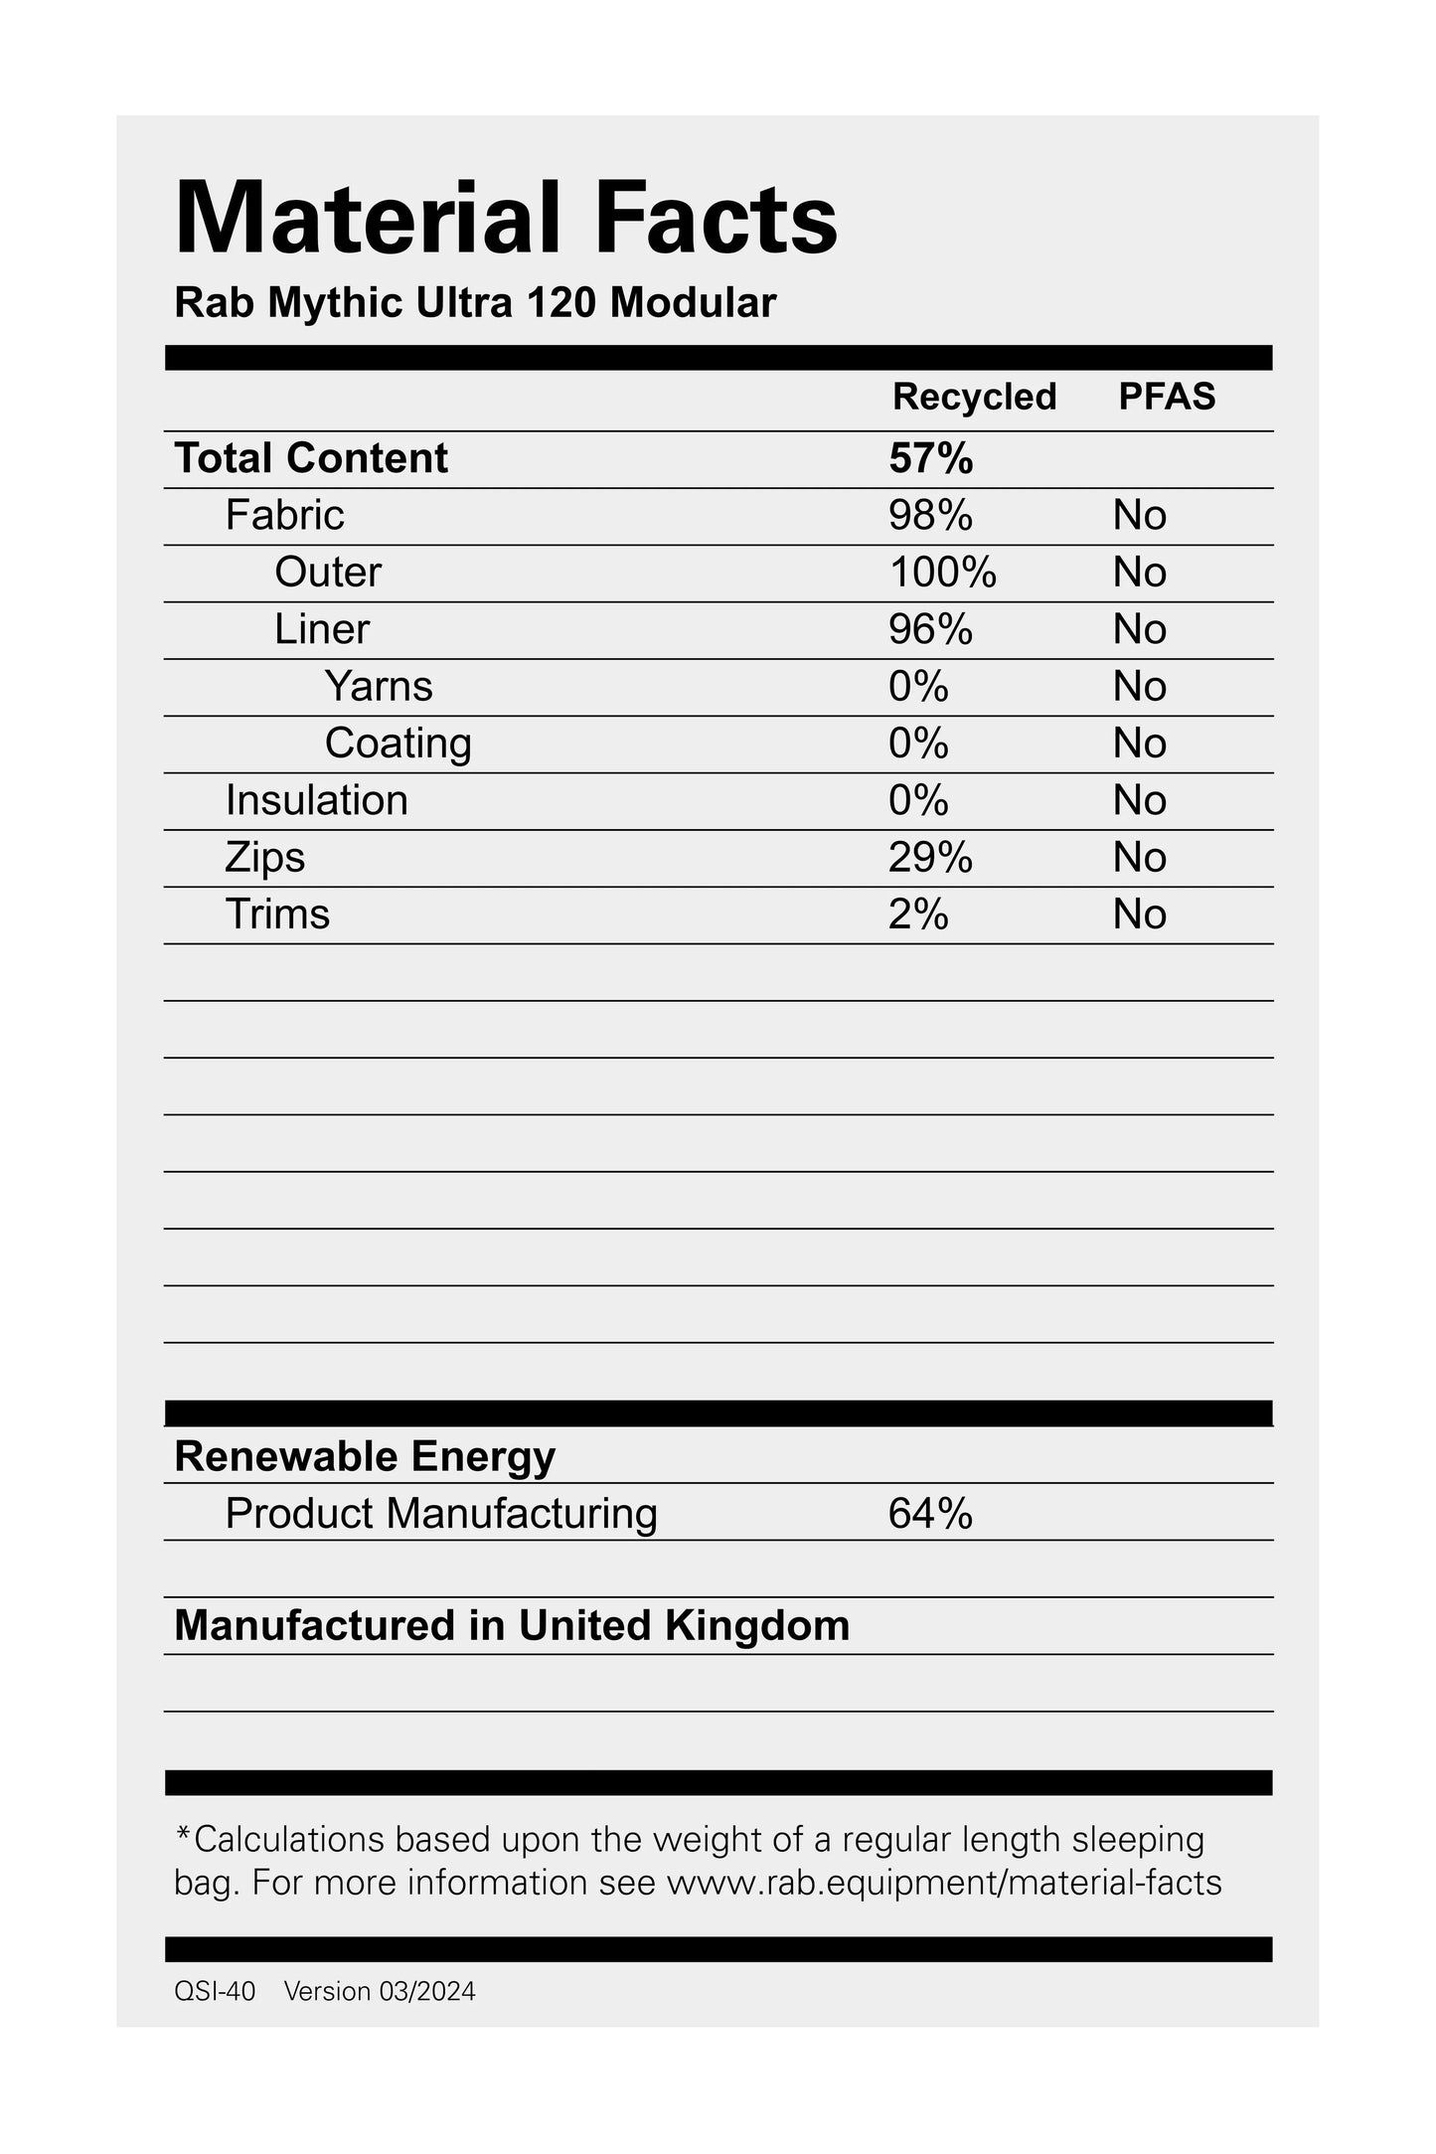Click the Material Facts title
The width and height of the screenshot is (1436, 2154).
tap(506, 219)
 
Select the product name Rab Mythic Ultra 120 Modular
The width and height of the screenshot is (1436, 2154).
tap(475, 303)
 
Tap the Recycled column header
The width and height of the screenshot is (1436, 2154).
tap(974, 397)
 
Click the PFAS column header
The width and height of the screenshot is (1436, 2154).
tap(1167, 397)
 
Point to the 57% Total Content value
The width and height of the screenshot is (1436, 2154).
tap(930, 458)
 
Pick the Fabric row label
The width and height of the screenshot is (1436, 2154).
tap(284, 515)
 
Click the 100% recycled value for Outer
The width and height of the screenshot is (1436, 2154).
tap(942, 573)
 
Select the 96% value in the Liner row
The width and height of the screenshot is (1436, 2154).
tap(930, 629)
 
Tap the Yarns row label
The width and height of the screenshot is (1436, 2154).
tap(379, 686)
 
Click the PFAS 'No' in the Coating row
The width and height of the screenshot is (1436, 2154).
tap(1139, 744)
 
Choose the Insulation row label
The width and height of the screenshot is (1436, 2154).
tap(316, 800)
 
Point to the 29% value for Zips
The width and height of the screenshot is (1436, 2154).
tap(930, 857)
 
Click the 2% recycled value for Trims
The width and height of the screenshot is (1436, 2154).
tap(918, 914)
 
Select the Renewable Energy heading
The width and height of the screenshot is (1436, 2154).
tap(365, 1456)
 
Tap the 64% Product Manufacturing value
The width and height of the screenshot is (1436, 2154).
tap(930, 1513)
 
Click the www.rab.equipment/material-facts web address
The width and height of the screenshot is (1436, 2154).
tap(943, 1883)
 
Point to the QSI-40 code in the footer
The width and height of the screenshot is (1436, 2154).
tap(215, 1991)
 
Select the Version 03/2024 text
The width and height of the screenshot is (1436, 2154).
tap(380, 1991)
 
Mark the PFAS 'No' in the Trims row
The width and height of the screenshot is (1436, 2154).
tap(1139, 914)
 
